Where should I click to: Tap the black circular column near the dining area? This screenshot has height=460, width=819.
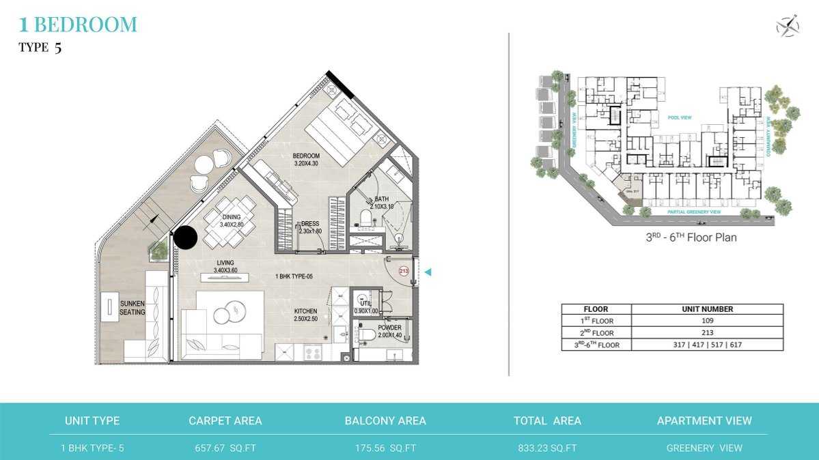pos(185,238)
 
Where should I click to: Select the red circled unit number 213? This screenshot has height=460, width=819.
pos(404,271)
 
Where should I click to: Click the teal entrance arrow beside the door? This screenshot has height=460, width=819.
pos(428,272)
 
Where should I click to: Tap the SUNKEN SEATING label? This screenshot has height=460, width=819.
pos(132,308)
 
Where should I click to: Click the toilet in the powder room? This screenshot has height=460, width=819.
pos(366,334)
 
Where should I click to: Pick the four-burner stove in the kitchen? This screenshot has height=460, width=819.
pos(313,354)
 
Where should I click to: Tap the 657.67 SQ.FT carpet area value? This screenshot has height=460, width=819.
pos(225,448)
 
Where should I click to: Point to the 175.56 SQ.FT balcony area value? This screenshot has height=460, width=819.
pos(385,448)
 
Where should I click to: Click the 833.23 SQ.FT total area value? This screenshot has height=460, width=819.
pos(547,448)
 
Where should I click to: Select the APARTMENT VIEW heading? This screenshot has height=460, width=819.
pos(704,421)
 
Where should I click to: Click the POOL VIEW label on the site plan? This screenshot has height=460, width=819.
pos(680,118)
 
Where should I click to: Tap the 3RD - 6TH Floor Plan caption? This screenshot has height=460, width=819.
pos(691,238)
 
